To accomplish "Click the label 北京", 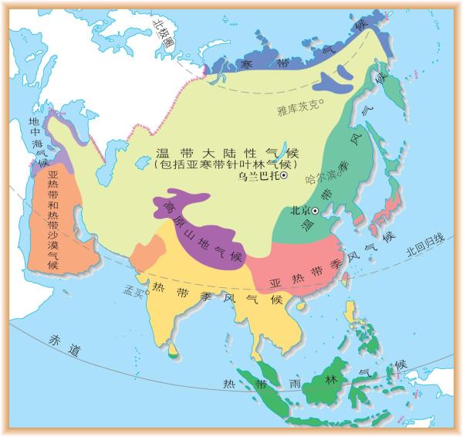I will tap(299, 210).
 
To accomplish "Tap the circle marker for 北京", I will tap(315, 210).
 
